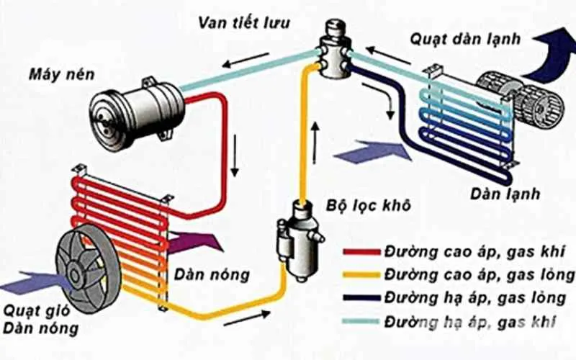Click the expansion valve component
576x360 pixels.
click(333, 52)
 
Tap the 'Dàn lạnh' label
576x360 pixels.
click(505, 194)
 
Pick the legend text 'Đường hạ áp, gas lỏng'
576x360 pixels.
click(480, 297)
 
